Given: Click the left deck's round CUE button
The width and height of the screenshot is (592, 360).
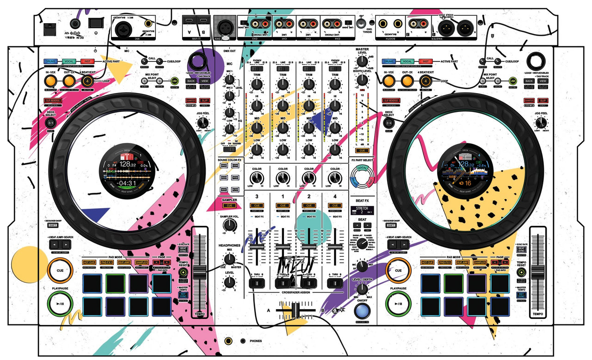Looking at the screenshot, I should tap(60, 271).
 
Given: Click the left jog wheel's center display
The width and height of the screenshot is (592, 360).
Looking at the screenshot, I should tap(127, 170).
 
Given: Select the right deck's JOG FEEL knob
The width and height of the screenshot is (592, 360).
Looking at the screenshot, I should tap(540, 123).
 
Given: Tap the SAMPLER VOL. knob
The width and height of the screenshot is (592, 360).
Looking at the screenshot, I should tap(228, 225).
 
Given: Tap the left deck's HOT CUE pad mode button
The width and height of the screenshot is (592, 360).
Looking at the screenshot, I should tap(90, 262).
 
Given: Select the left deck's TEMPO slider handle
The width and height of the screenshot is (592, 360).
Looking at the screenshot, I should tap(200, 272).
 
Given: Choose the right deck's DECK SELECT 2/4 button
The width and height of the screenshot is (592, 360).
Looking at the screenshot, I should tap(389, 123).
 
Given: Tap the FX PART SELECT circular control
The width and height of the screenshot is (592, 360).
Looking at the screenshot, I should tap(362, 176).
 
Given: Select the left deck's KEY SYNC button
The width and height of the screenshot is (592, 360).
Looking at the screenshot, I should tap(183, 294).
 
